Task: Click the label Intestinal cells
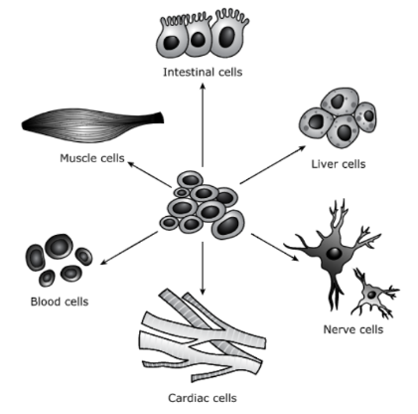point(203,72)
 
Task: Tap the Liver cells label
point(339,164)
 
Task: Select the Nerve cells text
point(353,329)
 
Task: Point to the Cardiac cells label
point(203,398)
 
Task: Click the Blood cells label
point(60,302)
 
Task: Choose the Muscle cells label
point(92,158)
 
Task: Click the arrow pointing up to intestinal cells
point(203,125)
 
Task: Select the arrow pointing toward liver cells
point(273,164)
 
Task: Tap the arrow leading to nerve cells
point(275,248)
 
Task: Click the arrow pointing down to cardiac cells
point(203,268)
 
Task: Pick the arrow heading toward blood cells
point(129,248)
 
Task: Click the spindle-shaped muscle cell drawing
point(92,125)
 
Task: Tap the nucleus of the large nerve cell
point(334,254)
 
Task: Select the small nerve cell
point(374,294)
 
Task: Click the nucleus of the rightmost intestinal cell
point(227,37)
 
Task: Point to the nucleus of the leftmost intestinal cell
point(172,42)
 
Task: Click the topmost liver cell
point(340,103)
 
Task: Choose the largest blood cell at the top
point(59,247)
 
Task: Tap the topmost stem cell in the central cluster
point(190,180)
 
